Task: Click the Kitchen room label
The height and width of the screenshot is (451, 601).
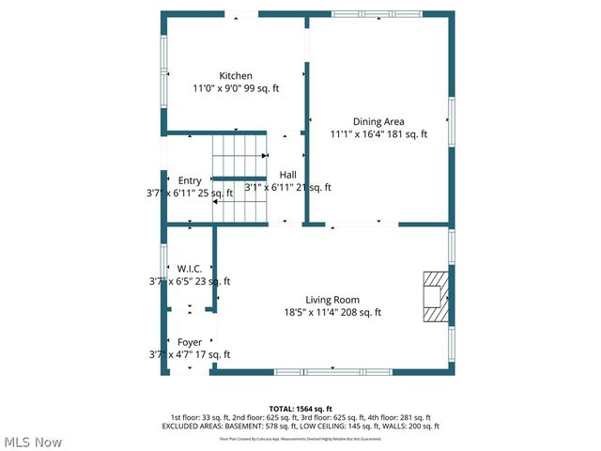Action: [x=236, y=76]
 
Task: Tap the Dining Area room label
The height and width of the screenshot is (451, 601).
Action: [x=378, y=121]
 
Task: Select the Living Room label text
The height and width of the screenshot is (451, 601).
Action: [x=332, y=300]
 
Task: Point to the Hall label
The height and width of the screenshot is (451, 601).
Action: [x=287, y=175]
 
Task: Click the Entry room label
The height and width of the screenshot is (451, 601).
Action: [x=190, y=180]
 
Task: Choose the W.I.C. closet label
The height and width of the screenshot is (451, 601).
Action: [x=190, y=269]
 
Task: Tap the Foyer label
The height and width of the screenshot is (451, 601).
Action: [x=190, y=342]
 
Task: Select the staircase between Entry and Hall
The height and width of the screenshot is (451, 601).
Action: [x=239, y=177]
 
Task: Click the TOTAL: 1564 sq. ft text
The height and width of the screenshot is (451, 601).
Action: [x=300, y=409]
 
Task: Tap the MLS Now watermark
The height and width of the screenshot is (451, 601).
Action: [x=33, y=442]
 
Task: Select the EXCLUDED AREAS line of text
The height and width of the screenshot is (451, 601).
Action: [x=300, y=427]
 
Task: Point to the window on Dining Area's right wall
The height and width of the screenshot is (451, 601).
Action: [x=452, y=122]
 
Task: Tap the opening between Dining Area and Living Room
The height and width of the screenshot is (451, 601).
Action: [x=362, y=224]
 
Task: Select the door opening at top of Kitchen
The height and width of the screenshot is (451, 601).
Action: [x=241, y=14]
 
